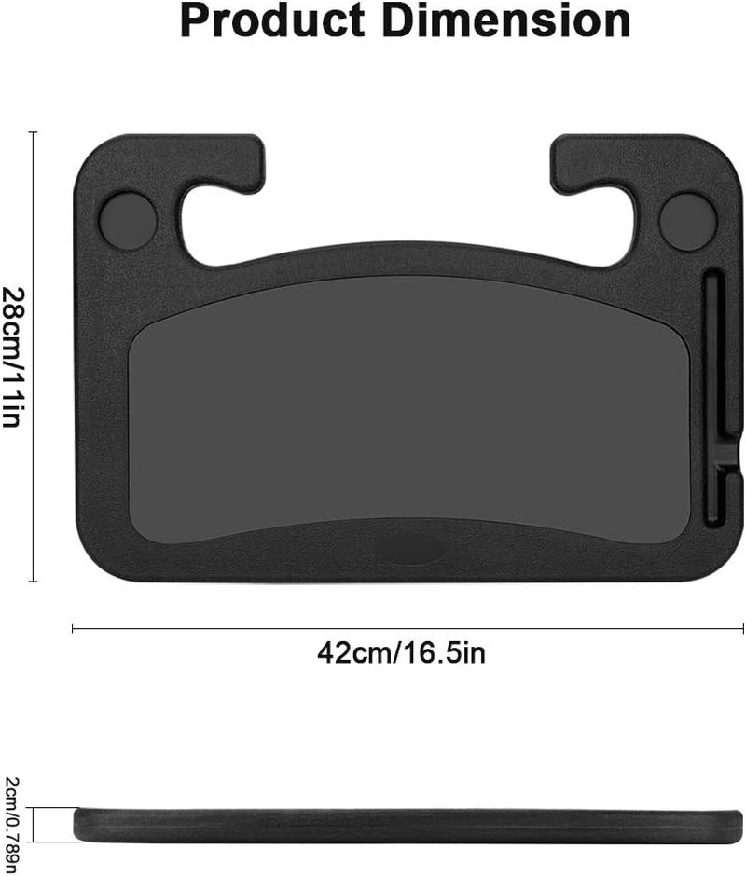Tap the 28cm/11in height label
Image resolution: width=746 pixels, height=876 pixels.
click(x=13, y=358)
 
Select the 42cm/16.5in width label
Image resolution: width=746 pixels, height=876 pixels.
click(x=402, y=652)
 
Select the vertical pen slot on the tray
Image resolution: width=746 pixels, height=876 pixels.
click(x=713, y=400)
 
